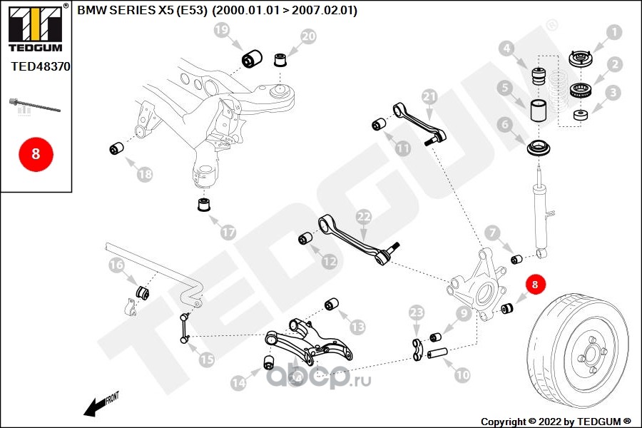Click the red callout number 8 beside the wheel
(x=536, y=284)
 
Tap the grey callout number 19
(x=221, y=31)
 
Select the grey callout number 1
(x=613, y=32)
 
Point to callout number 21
(x=429, y=96)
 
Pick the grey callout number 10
(x=462, y=374)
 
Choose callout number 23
(x=417, y=312)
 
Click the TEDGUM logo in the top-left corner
(x=35, y=29)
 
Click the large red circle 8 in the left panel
(x=35, y=153)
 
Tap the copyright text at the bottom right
(x=556, y=421)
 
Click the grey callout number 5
(x=506, y=88)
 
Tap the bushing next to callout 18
(x=116, y=149)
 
